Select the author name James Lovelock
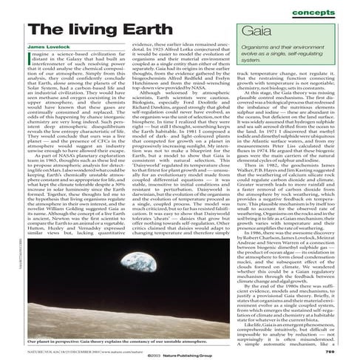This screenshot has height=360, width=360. (47, 47)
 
